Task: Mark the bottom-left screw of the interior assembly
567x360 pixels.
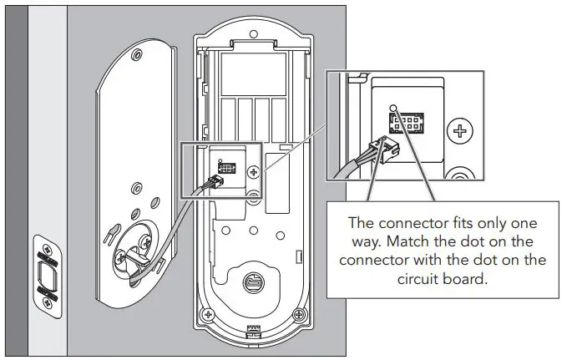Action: [204, 317]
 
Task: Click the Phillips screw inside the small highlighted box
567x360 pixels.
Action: [251, 170]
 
